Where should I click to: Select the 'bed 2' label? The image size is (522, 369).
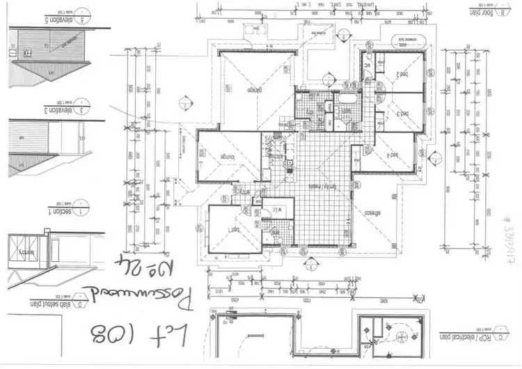(x=402, y=74)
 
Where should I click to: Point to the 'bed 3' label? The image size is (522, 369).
(x=402, y=113)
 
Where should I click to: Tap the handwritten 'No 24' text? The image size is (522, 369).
(x=165, y=266)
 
